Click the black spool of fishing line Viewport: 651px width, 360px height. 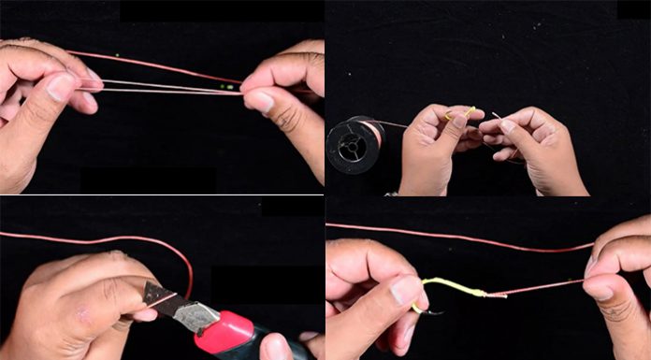pyautogui.click(x=353, y=145)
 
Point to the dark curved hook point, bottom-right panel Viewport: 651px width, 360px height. pyautogui.click(x=432, y=309)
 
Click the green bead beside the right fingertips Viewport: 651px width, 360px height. pyautogui.click(x=227, y=87)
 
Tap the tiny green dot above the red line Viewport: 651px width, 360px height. pyautogui.click(x=117, y=56)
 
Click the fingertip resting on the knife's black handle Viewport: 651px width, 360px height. pyautogui.click(x=276, y=347)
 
